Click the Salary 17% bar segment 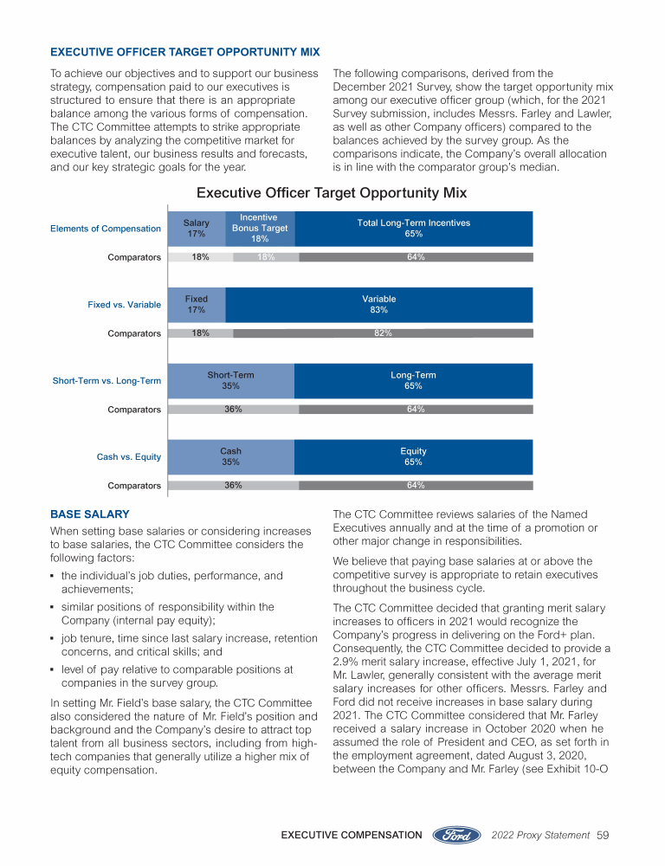coord(197,229)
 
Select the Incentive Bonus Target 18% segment coord(260,229)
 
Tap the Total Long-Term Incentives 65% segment coord(413,229)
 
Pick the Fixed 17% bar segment coord(197,304)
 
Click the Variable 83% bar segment coord(378,304)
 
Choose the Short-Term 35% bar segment coord(230,380)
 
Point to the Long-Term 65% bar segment coord(413,380)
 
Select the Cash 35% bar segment coord(230,456)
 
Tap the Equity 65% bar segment coord(413,456)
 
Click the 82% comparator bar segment coord(383,333)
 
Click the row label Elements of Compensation coord(106,229)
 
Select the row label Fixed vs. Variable coord(124,305)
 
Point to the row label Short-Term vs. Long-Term coord(107,381)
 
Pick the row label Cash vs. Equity coord(129,457)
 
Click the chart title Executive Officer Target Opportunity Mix coord(332,192)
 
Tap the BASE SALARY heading coord(89,514)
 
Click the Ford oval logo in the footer coord(456,835)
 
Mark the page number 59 coord(604,836)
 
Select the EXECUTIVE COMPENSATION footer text coord(352,836)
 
